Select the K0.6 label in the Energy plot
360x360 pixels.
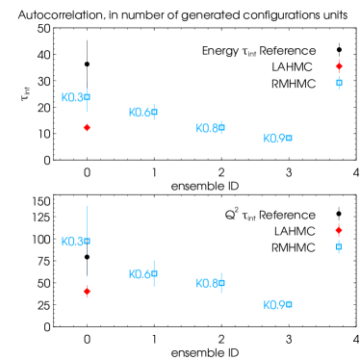(x=141, y=113)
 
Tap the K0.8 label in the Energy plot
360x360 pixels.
(x=209, y=128)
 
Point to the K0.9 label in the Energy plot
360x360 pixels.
(x=276, y=139)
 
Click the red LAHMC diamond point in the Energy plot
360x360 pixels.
(x=87, y=127)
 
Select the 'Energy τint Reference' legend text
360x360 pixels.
(x=258, y=50)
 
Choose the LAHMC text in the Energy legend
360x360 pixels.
(x=294, y=66)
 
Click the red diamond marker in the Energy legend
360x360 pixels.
(x=339, y=66)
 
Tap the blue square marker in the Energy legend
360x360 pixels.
(x=339, y=83)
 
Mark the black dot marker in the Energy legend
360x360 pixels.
(x=339, y=50)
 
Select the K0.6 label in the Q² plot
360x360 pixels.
(x=141, y=274)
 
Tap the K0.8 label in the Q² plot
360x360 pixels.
(x=209, y=283)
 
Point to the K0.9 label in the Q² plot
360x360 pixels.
(x=276, y=305)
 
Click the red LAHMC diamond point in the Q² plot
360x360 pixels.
(x=87, y=291)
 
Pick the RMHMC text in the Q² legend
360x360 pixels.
(x=293, y=247)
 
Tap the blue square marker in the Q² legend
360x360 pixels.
(x=339, y=247)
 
